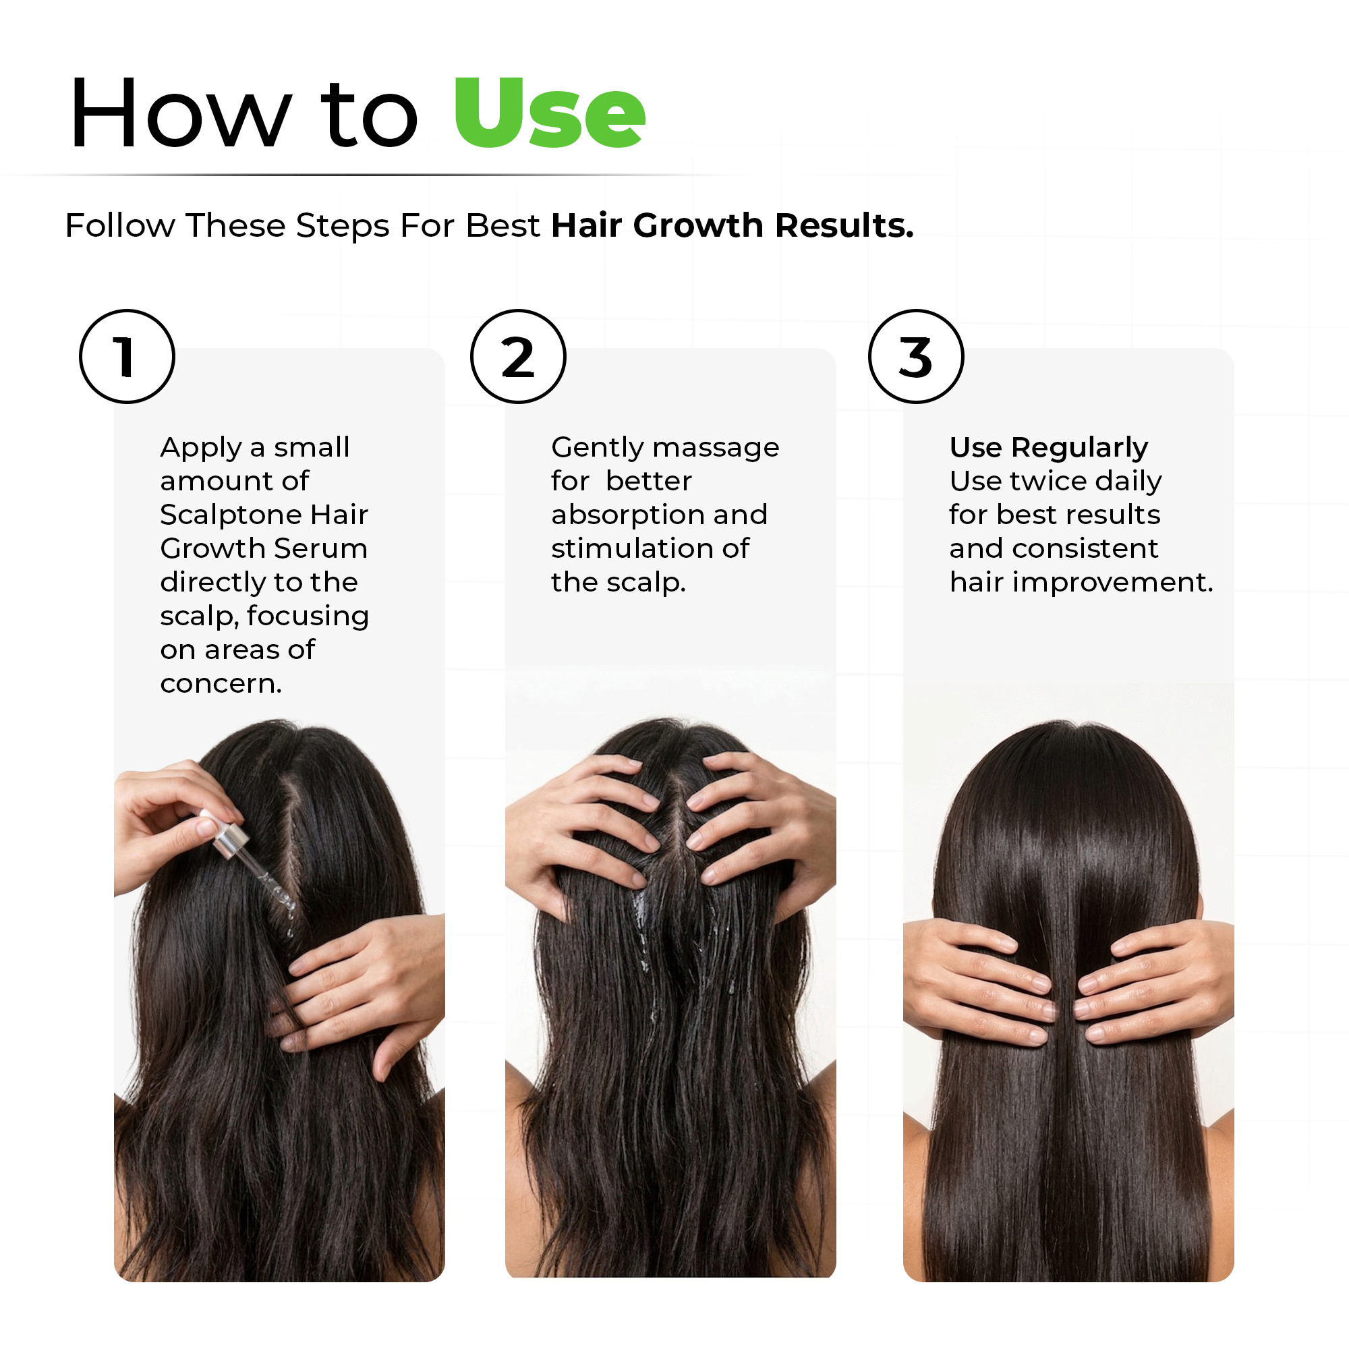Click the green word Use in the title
point(549,114)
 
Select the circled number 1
point(126,357)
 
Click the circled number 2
point(517,357)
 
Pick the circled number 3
point(915,357)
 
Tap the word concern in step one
point(219,683)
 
